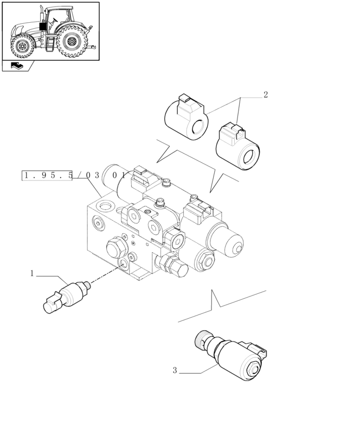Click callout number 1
pos(32,273)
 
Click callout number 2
pos(266,95)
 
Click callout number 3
pos(175,371)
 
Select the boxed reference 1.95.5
pos(47,175)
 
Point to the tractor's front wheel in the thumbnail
pos(23,46)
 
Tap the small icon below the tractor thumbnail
pos(17,66)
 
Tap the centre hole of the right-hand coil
pos(250,158)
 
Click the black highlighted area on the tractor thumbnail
pos(43,27)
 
